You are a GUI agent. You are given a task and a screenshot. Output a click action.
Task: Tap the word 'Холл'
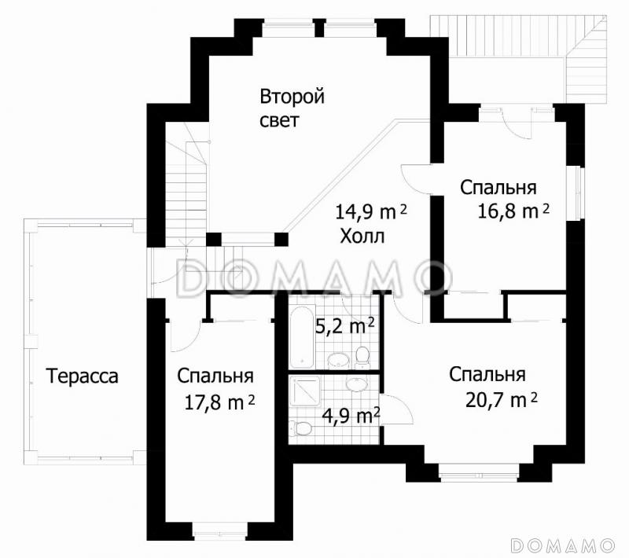362,236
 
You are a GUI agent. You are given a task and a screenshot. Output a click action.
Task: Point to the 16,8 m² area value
513,210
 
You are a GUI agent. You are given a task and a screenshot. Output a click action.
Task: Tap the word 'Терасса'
82,376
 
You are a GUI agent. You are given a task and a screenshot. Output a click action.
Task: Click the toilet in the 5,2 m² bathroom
362,357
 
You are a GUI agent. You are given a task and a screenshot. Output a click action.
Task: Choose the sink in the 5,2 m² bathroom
339,360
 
